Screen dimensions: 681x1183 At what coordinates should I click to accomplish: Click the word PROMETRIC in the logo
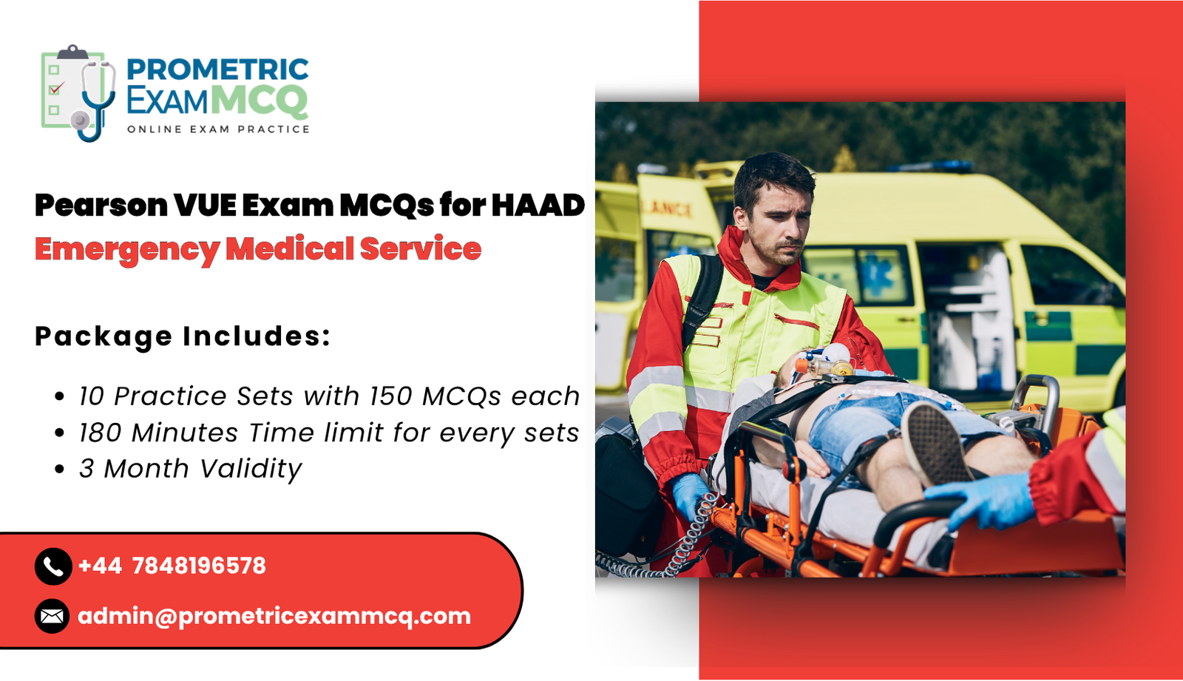coord(217,70)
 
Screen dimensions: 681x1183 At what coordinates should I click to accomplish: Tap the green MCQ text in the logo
coord(259,101)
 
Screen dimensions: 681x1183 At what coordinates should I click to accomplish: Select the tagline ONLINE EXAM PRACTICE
coord(218,129)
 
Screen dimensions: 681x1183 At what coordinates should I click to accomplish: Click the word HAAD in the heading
coord(538,205)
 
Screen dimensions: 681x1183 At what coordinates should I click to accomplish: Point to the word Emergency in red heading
coord(127,250)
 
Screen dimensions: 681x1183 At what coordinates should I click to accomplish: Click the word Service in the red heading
coord(421,249)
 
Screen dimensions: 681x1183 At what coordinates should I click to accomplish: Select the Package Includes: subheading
coord(183,336)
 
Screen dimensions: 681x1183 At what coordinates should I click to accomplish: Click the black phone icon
coord(52,566)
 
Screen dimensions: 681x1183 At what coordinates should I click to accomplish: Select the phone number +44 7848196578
coord(172,566)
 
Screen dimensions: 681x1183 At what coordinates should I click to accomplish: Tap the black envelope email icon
coord(52,616)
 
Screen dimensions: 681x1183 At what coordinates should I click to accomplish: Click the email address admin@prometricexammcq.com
coord(274,616)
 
